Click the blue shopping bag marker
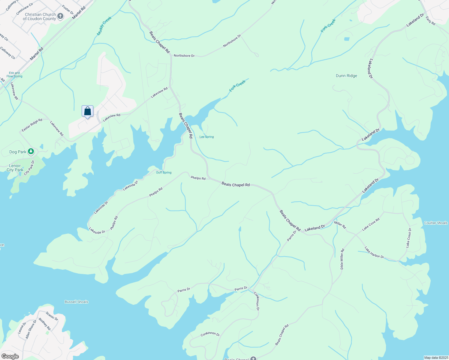tap(87, 111)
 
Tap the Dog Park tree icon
tap(31, 151)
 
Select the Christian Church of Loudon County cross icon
tap(60, 16)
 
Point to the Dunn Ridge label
tap(346, 76)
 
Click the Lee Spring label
tap(207, 137)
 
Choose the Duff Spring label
tap(164, 172)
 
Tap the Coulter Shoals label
tap(436, 223)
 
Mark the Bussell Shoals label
tap(77, 302)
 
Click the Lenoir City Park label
tap(15, 168)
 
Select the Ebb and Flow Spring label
tap(14, 75)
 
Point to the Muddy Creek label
tap(104, 26)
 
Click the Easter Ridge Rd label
tap(32, 125)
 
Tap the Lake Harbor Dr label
tap(374, 252)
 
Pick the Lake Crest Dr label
tap(409, 238)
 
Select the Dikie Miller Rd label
tap(342, 259)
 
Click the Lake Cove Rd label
tap(371, 224)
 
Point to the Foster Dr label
tap(68, 10)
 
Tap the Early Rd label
tap(430, 21)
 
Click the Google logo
tap(10, 356)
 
